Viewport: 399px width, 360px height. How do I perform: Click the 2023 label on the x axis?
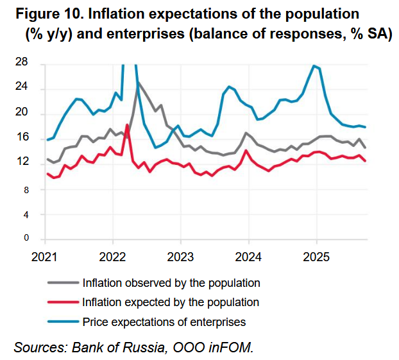(180, 257)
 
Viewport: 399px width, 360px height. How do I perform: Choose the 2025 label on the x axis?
(316, 257)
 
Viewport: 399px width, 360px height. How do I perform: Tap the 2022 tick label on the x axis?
(113, 257)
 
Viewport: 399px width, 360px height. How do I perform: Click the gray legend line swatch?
(63, 282)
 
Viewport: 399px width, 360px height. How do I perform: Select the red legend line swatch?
(63, 302)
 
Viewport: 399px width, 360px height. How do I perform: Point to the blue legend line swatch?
(63, 321)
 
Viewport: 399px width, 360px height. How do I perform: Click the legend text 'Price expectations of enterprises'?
(164, 321)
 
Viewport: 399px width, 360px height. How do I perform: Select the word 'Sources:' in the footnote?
(41, 348)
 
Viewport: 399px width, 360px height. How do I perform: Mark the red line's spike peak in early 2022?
(127, 124)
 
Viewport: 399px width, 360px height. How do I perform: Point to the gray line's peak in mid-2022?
(137, 82)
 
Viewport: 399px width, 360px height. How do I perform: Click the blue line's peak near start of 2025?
(314, 65)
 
